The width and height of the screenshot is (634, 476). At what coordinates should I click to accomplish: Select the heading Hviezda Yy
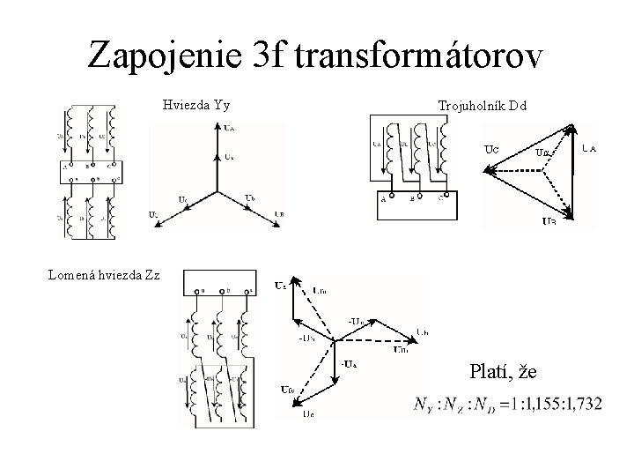(x=196, y=106)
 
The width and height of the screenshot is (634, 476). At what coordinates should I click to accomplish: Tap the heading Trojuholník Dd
(x=483, y=106)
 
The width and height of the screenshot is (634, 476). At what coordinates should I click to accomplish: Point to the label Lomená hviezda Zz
(x=104, y=274)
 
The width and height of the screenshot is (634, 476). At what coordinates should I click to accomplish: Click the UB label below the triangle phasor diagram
(x=549, y=221)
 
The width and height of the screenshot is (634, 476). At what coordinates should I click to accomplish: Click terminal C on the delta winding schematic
(x=440, y=198)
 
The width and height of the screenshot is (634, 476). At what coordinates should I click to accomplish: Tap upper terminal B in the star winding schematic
(x=87, y=165)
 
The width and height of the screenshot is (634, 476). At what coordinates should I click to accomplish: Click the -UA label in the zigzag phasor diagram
(x=349, y=363)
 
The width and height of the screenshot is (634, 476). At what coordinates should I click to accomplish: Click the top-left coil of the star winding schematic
(x=68, y=132)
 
